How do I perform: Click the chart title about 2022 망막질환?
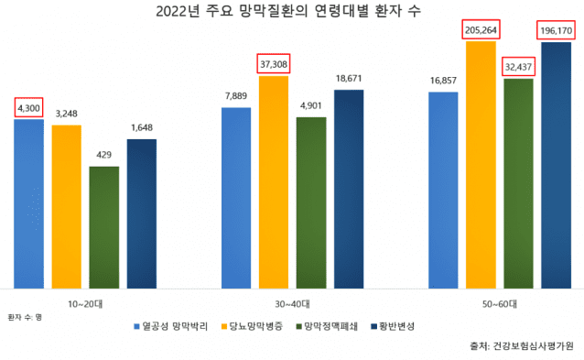tap(291, 12)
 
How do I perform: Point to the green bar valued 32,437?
tap(518, 183)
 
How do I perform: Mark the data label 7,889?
tap(236, 96)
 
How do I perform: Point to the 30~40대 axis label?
tap(292, 303)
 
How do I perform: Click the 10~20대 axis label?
tap(84, 303)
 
